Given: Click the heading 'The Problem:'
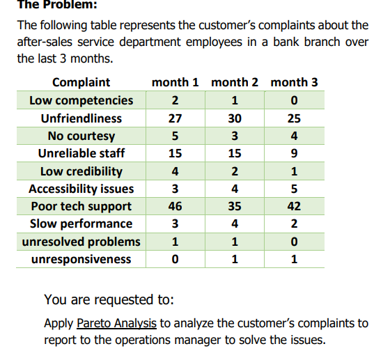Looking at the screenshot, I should click(48, 5).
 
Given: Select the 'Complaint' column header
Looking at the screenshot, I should click(81, 82).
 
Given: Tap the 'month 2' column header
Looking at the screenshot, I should click(235, 82).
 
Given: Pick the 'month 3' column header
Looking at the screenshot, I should click(294, 82).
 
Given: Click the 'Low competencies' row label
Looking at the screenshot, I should click(81, 100).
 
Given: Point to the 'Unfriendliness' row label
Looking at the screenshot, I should click(81, 118).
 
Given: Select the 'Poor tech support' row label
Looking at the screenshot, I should click(81, 206).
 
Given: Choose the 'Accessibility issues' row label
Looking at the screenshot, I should click(81, 189).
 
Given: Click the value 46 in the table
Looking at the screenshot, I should click(175, 206).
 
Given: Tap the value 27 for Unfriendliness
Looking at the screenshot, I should click(175, 118).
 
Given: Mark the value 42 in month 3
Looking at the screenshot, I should click(294, 206).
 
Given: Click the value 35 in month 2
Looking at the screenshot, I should click(235, 206).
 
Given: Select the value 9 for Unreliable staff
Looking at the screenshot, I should click(294, 153).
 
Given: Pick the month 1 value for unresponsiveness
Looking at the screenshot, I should click(175, 259).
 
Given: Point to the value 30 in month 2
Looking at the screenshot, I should click(235, 118).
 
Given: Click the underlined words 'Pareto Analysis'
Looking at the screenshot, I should click(117, 323).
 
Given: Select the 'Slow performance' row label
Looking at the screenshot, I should click(81, 224).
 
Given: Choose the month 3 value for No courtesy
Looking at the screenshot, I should click(294, 136).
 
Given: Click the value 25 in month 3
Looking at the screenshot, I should click(294, 118).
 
